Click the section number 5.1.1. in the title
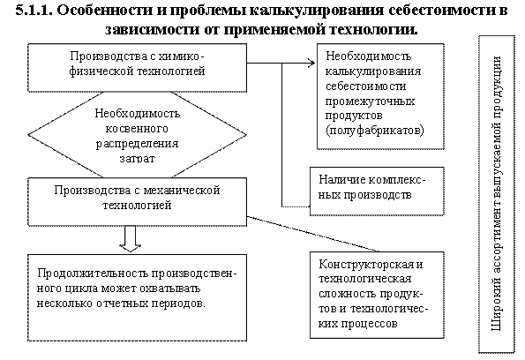pos(34,10)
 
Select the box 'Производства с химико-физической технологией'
pos(138,67)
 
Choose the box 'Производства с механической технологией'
pos(138,201)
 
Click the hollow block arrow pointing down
pos(131,239)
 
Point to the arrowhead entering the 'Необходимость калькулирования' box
pos(311,63)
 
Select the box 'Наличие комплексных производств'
pos(377,191)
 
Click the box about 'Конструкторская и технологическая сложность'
pos(377,295)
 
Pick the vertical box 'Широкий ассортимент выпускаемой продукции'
pos(497,194)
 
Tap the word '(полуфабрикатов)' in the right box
pos(375,131)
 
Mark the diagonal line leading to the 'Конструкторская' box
pos(313,234)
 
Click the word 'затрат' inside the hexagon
pos(138,158)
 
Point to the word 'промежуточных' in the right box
pos(370,101)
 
